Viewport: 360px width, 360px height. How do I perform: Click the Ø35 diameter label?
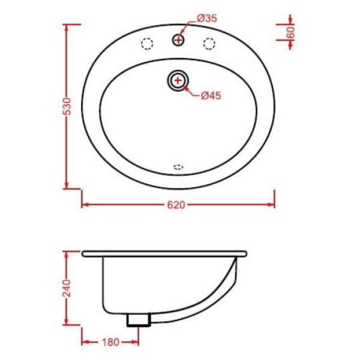[x=207, y=19]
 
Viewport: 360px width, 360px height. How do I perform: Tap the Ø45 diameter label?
[x=211, y=95]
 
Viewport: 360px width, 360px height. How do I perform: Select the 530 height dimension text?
[x=68, y=106]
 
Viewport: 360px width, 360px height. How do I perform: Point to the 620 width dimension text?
[x=176, y=205]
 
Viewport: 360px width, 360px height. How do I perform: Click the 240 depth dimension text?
[x=67, y=289]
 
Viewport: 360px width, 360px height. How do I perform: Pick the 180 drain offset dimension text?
[x=110, y=343]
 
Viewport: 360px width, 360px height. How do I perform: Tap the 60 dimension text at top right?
[x=290, y=32]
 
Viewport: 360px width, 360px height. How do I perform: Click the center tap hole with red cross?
[x=178, y=40]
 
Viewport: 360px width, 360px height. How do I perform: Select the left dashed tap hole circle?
[x=147, y=44]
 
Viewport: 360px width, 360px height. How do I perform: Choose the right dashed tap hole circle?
[x=209, y=44]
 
